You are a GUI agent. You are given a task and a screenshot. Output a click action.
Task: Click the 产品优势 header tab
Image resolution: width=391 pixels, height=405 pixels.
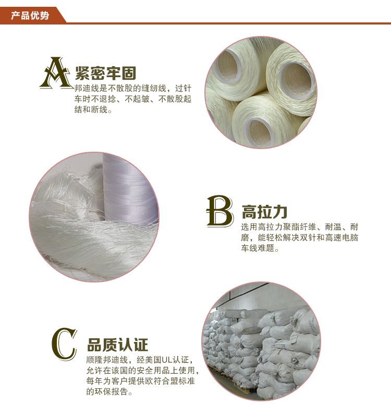[x=30, y=16]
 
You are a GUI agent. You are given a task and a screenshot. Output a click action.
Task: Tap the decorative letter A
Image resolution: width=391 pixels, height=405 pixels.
[x=56, y=73]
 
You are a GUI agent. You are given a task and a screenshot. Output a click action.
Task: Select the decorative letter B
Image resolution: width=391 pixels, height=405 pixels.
[x=220, y=211]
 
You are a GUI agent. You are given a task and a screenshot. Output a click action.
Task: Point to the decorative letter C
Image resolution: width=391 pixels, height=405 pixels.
[x=64, y=344]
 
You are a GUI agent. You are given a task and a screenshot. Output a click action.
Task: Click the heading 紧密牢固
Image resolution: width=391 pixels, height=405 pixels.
[x=106, y=73]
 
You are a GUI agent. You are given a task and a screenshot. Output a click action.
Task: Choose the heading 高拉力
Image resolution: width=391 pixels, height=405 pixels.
[x=264, y=212]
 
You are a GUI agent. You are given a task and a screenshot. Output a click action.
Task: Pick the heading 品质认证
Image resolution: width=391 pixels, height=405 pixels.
[x=118, y=345]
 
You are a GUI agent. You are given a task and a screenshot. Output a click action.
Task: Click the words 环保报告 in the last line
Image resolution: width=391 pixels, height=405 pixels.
[x=112, y=392]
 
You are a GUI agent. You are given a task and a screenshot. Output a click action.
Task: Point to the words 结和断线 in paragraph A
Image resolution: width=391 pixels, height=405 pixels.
[x=91, y=109]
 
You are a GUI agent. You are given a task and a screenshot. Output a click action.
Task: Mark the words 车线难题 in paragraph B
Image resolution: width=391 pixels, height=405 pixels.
[x=258, y=248]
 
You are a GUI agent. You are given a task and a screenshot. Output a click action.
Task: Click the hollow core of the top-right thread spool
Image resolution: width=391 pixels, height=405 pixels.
[x=296, y=80]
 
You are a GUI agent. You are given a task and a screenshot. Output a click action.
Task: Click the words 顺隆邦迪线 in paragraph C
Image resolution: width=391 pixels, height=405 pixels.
[x=107, y=360]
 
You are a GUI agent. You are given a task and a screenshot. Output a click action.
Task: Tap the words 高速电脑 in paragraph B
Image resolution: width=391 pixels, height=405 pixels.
[x=341, y=238]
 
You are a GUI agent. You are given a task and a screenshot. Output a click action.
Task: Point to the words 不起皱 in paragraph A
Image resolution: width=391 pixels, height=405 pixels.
[x=137, y=99]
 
